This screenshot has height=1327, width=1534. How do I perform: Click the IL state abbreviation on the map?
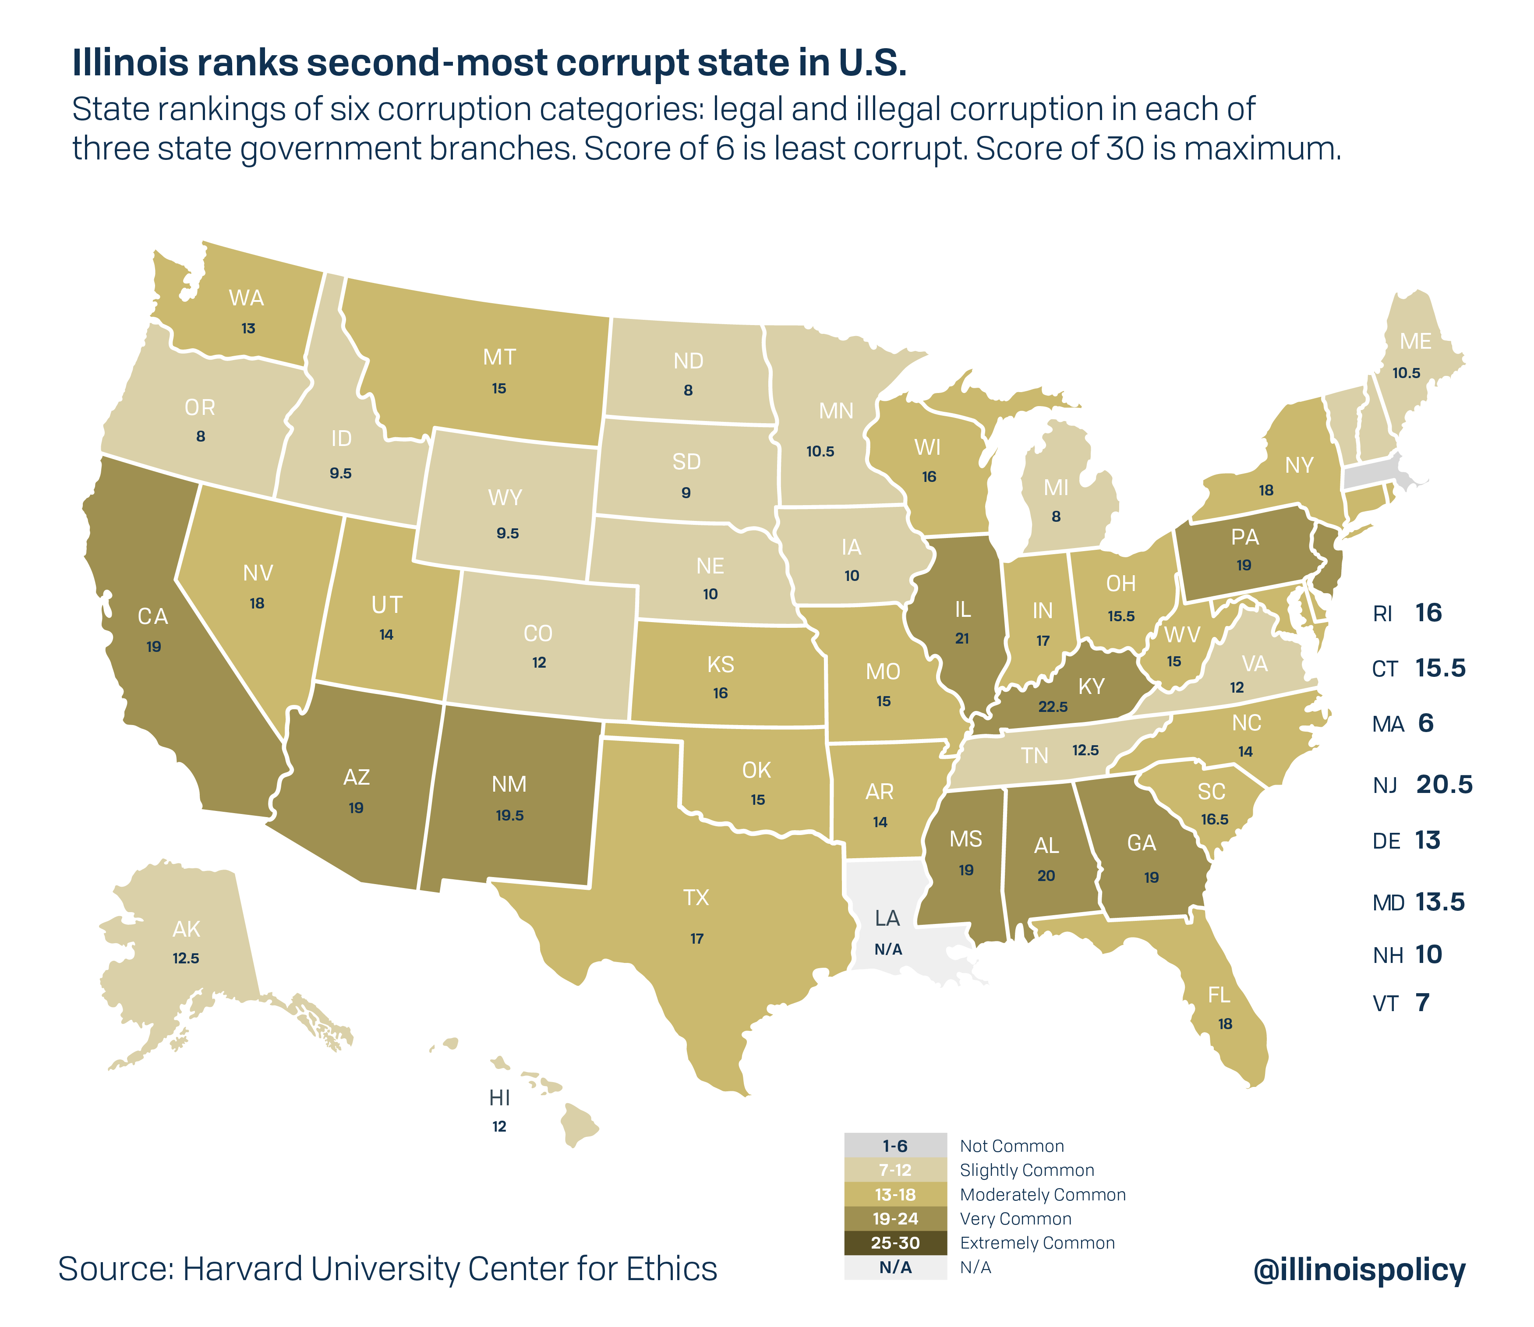click(x=962, y=609)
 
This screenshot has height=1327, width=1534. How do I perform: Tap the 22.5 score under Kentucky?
click(x=1053, y=707)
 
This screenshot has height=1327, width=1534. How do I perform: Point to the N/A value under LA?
click(x=887, y=949)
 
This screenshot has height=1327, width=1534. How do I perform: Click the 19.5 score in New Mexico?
click(x=509, y=815)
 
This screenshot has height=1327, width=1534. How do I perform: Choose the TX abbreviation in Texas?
click(x=696, y=898)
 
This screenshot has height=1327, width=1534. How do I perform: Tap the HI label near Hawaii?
click(x=500, y=1097)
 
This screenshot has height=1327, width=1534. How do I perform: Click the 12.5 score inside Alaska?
click(x=186, y=958)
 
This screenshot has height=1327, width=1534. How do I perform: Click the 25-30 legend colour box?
click(x=895, y=1242)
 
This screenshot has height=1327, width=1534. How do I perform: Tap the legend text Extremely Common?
click(x=1036, y=1242)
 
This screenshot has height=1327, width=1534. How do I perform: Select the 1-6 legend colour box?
click(x=895, y=1146)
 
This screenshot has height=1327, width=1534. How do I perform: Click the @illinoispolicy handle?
click(x=1358, y=1269)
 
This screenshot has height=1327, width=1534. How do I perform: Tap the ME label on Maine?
click(x=1415, y=341)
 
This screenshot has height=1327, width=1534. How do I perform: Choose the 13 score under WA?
click(x=248, y=328)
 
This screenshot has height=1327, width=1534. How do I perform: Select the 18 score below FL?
click(x=1225, y=1024)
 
